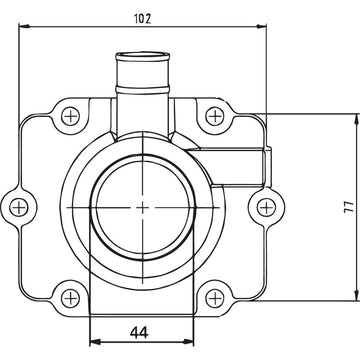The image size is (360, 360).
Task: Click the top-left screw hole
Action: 68,117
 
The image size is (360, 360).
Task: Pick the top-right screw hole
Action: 213,117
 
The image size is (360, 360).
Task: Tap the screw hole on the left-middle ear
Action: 18,207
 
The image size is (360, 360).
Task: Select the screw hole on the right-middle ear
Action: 265,207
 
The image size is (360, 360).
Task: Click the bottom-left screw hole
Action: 68,296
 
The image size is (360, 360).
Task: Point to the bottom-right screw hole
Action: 213,296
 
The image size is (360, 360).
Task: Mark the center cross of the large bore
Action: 141,207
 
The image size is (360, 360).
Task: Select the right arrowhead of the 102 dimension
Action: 267,27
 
